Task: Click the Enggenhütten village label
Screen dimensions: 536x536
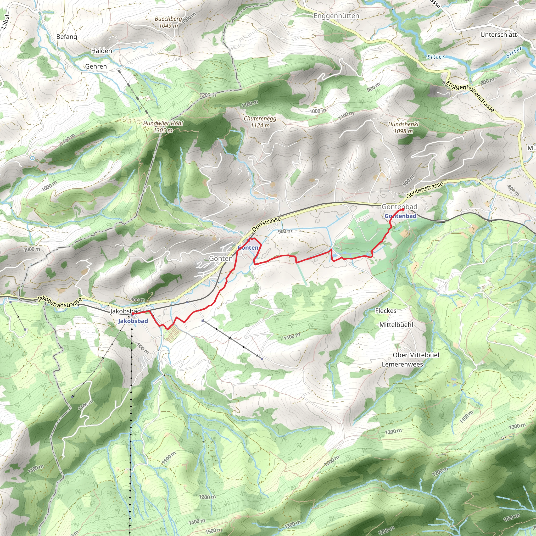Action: [336, 16]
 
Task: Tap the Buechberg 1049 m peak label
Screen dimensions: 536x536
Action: [168, 22]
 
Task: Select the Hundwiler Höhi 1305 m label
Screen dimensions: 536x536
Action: [163, 127]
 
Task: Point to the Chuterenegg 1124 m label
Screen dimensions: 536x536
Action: [260, 122]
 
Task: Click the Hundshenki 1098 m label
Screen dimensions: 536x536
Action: [403, 128]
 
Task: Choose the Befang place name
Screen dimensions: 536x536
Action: [66, 37]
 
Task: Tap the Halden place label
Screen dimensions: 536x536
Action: [102, 51]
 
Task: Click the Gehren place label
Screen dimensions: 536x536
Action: [96, 66]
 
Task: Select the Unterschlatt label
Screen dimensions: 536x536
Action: [499, 35]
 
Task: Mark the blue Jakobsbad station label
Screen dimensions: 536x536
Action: [133, 321]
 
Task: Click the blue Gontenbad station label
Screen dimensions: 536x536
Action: [400, 216]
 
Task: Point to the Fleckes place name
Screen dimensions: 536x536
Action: [386, 311]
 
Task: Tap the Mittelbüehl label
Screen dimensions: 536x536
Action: [396, 325]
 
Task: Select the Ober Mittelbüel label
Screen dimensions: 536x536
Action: [416, 355]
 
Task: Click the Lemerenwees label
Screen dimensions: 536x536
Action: [402, 364]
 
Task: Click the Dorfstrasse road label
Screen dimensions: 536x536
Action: [266, 224]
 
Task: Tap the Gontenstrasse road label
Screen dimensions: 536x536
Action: [425, 190]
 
